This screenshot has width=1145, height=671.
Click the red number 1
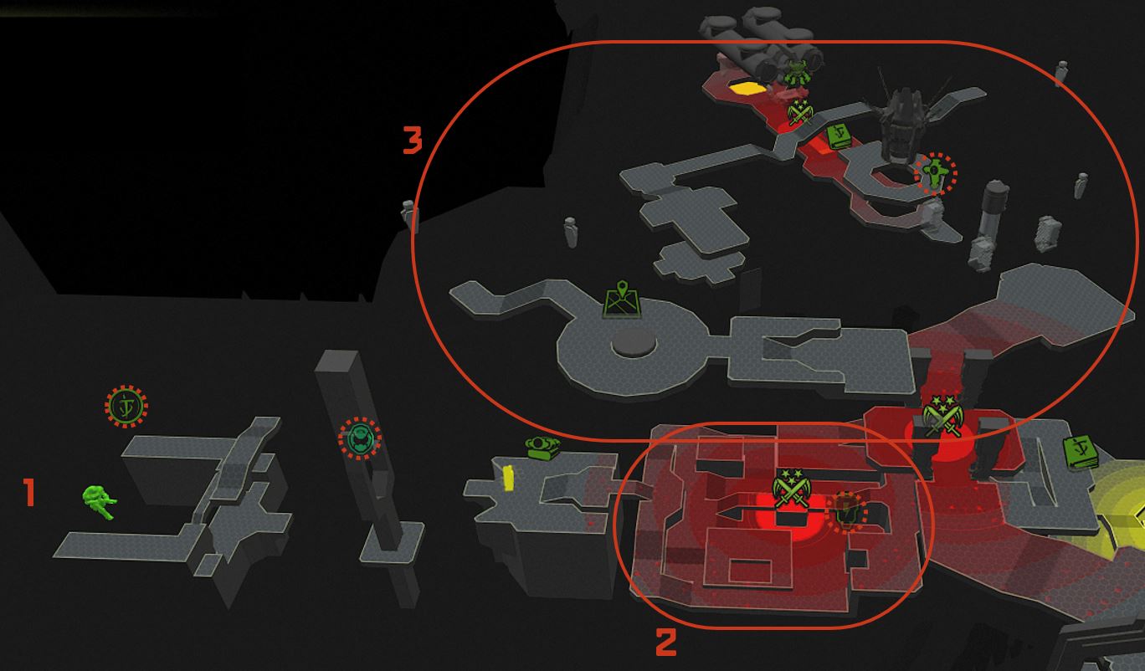[29, 492]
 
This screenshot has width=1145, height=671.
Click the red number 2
[666, 643]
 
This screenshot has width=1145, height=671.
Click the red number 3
[413, 140]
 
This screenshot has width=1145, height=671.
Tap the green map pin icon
[622, 300]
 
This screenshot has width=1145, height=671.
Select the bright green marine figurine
[99, 502]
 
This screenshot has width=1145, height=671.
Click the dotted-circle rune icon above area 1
[126, 407]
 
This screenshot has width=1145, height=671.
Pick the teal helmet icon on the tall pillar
[360, 438]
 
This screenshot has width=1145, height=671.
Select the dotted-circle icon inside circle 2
[846, 511]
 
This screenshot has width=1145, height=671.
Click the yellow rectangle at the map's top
[747, 88]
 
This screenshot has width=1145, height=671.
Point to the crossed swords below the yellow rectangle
[799, 112]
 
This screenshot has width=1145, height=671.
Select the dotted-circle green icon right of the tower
[936, 173]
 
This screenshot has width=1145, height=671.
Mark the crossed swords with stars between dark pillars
[942, 416]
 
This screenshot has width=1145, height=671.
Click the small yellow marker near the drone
[509, 478]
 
